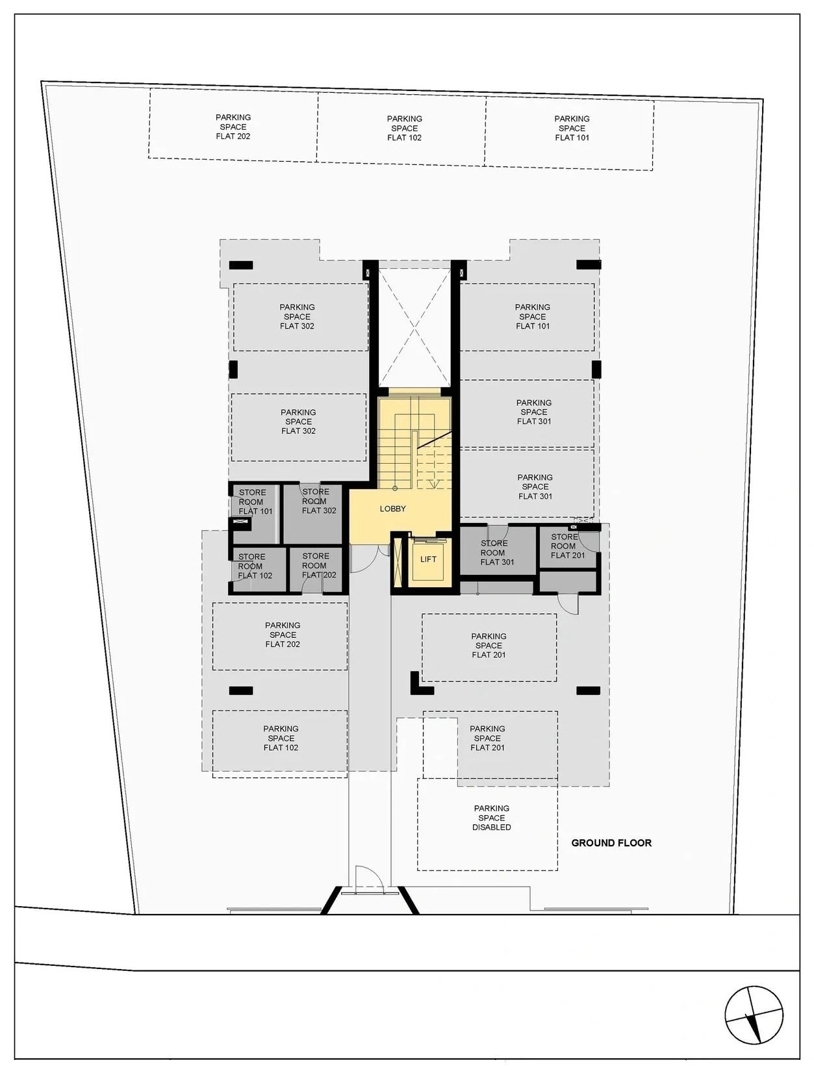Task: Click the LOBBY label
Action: (392, 509)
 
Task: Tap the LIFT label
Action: (428, 559)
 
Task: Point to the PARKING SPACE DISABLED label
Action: (491, 817)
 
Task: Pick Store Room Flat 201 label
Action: (567, 546)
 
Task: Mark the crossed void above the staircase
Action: (414, 327)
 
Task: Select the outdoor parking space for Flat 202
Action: (233, 124)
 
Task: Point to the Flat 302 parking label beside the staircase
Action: (298, 422)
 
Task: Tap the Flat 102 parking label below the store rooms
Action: (281, 738)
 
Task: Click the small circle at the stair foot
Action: (395, 488)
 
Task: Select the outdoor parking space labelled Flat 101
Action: (569, 133)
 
